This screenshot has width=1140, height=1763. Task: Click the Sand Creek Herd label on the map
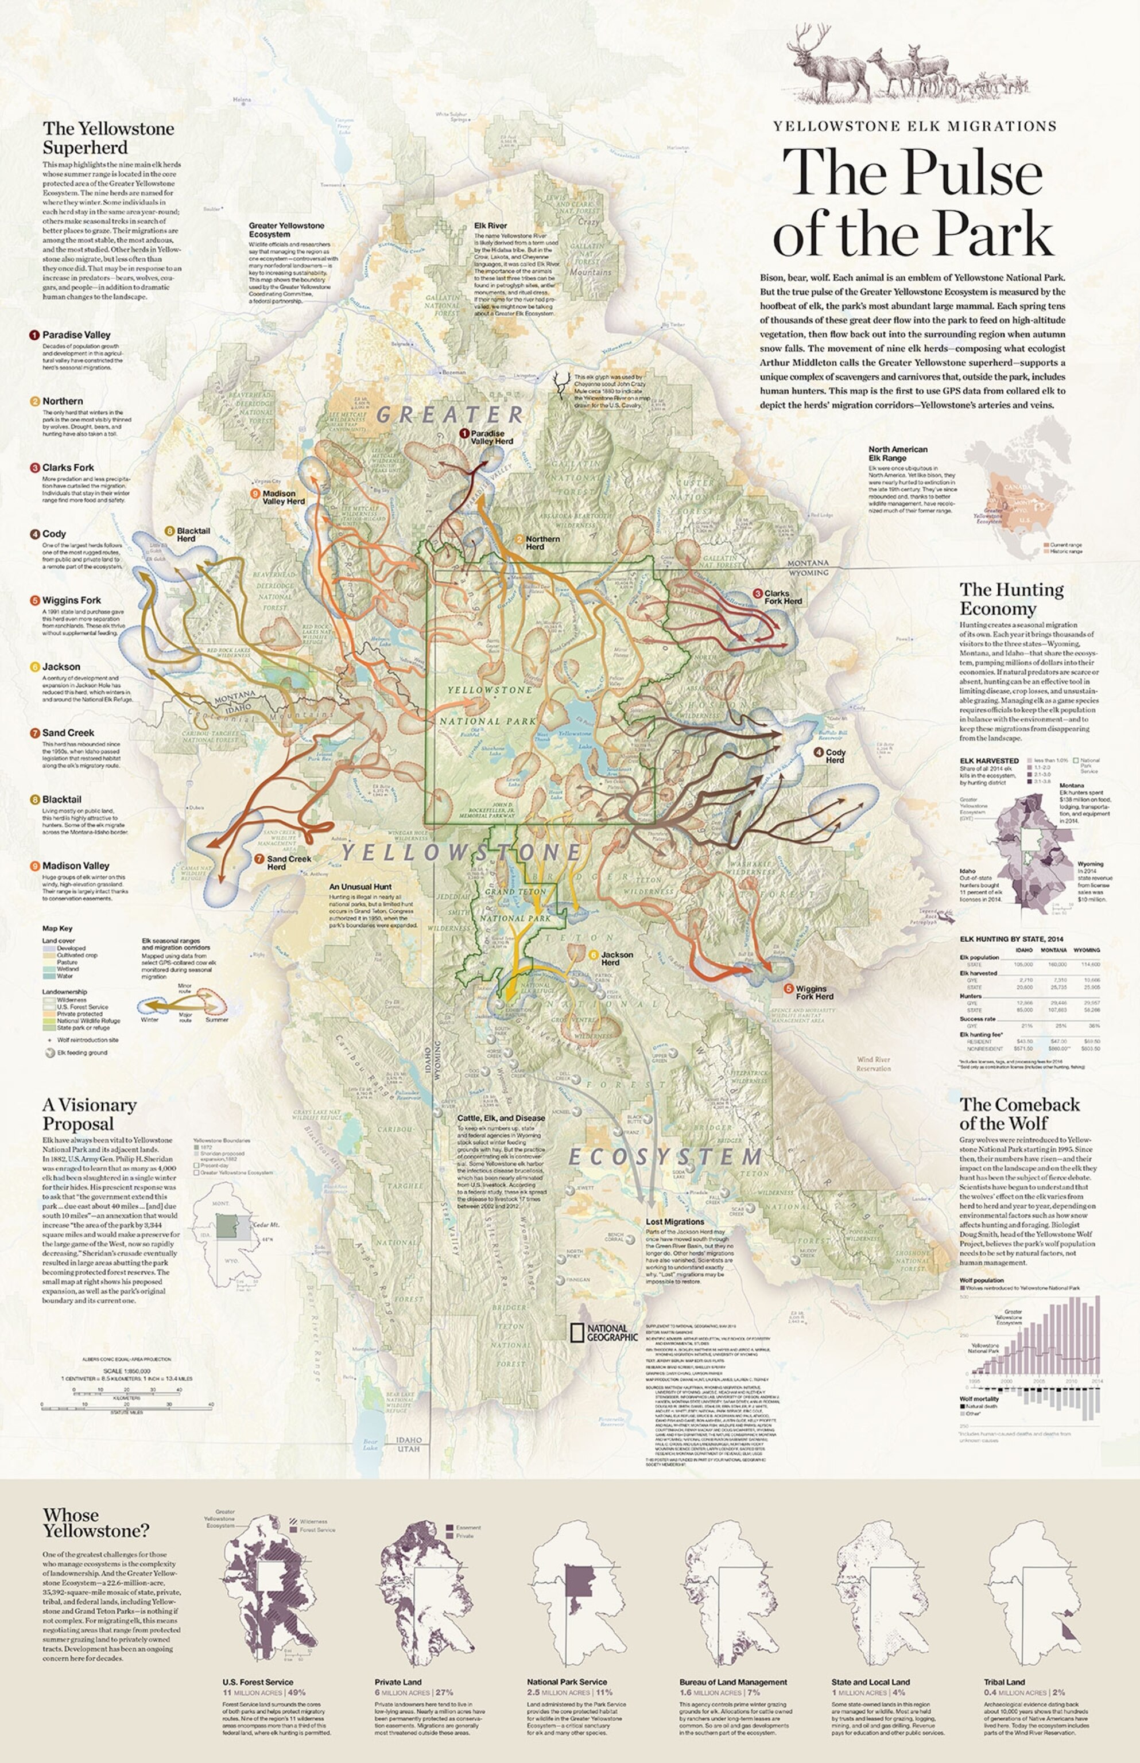pyautogui.click(x=289, y=862)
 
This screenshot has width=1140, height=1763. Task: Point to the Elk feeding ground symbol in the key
pyautogui.click(x=51, y=1053)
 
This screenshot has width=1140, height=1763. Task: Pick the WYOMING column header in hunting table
pyautogui.click(x=1086, y=950)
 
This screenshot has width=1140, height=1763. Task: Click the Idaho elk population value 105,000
pyautogui.click(x=1024, y=964)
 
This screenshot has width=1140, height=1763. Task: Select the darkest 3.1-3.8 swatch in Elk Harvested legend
pyautogui.click(x=1030, y=781)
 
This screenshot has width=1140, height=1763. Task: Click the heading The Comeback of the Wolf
pyautogui.click(x=1019, y=1113)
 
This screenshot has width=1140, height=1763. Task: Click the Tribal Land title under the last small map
pyautogui.click(x=1004, y=1682)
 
